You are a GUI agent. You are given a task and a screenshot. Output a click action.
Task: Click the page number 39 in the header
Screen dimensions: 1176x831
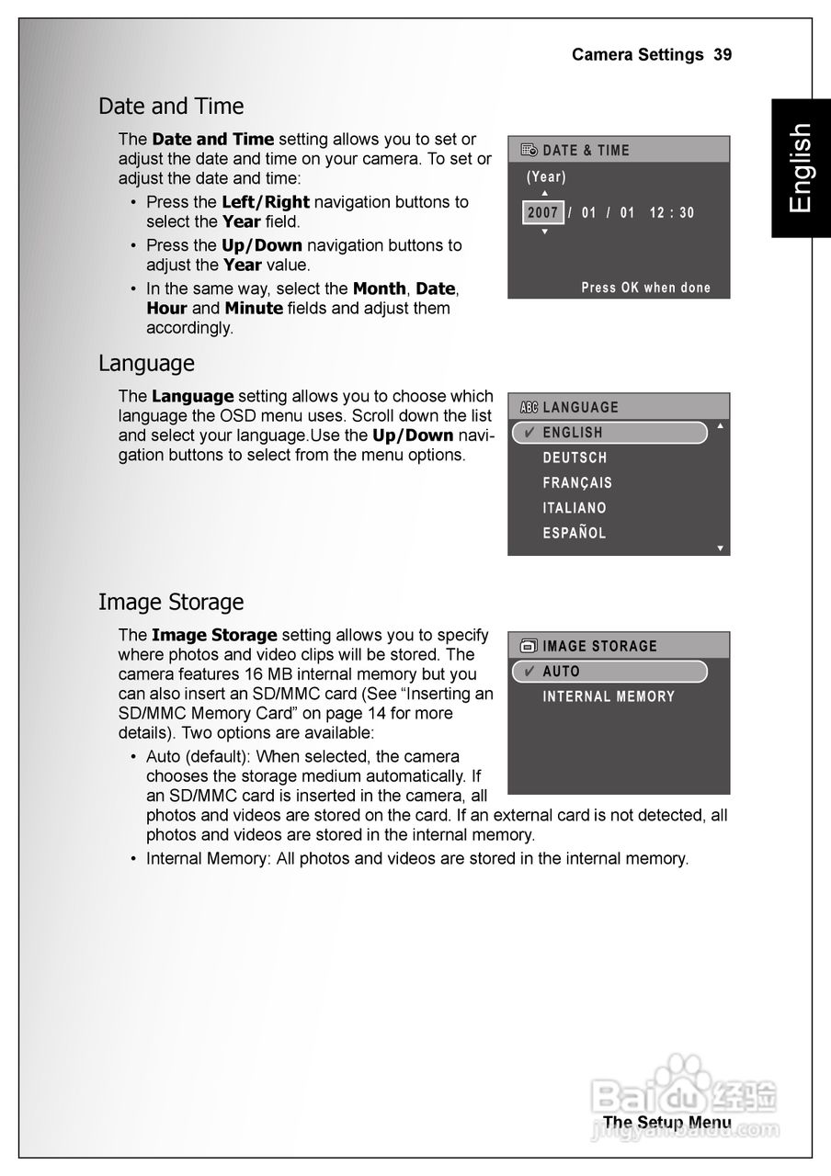(723, 55)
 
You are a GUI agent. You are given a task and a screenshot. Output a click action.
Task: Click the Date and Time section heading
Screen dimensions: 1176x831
(171, 107)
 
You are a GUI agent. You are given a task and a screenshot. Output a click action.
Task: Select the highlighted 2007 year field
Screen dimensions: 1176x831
(543, 213)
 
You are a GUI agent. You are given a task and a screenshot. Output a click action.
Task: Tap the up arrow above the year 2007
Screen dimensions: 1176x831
(544, 193)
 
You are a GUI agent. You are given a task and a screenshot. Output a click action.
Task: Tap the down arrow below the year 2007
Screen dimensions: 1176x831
(544, 232)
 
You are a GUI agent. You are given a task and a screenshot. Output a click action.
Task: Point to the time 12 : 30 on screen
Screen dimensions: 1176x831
(672, 213)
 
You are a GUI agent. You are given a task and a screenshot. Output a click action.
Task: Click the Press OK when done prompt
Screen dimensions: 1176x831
(646, 288)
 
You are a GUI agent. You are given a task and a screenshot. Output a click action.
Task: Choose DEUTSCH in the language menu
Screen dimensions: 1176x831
(575, 458)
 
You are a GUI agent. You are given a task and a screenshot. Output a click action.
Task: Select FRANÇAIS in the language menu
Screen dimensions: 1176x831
(577, 482)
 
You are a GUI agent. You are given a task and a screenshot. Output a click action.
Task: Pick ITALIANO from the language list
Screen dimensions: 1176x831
(575, 507)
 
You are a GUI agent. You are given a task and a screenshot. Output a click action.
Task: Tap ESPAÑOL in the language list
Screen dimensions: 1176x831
(575, 533)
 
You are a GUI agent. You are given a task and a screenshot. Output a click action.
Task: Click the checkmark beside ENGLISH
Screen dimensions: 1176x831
(529, 433)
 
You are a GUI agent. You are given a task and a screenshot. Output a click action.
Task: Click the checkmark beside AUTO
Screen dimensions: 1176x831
(529, 672)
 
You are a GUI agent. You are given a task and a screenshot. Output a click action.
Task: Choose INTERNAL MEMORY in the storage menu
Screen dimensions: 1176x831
(609, 696)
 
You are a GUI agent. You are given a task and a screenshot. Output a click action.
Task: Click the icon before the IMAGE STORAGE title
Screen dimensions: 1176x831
(529, 647)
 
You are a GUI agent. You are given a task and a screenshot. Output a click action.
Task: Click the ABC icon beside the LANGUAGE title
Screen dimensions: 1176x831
(529, 408)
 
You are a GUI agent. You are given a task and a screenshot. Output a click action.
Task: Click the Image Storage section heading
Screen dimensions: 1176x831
(171, 603)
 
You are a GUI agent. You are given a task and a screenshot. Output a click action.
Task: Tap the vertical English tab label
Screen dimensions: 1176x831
(801, 168)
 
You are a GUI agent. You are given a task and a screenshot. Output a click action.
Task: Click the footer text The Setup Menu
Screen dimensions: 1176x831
(667, 1122)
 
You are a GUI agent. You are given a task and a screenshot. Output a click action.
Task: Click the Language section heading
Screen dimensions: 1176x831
(146, 364)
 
